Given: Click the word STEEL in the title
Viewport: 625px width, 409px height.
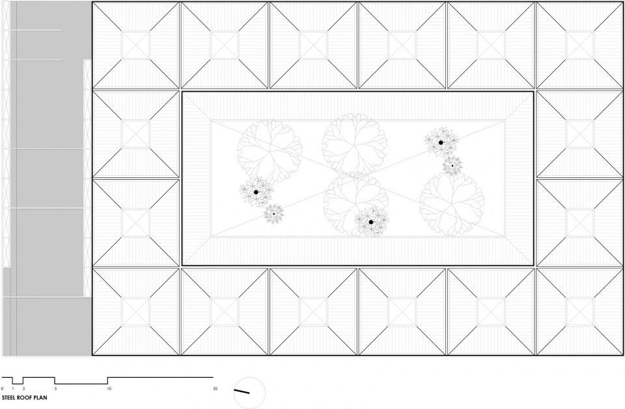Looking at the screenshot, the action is point(8,397).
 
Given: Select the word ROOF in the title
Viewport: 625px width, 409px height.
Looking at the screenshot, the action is point(23,397).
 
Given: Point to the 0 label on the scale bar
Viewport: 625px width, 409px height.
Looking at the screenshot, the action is point(3,388).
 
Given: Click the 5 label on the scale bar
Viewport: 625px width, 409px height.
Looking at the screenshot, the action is point(55,388).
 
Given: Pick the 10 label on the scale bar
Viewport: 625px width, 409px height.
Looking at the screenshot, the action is point(109,388).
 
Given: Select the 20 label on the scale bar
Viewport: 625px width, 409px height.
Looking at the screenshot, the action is point(215,388).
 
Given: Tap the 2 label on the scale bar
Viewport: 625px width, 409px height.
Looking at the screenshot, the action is point(23,388).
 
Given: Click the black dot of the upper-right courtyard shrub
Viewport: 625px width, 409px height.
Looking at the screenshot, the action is point(441,143).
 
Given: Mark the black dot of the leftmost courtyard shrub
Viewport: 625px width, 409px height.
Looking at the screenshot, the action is point(256,192).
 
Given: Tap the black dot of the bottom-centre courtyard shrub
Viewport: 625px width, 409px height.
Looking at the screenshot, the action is point(371,222).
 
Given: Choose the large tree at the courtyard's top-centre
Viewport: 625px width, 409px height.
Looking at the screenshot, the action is point(354,145).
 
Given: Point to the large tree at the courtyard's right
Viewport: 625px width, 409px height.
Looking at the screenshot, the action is point(452,204).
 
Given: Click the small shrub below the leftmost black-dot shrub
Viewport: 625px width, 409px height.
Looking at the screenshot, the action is point(274,214).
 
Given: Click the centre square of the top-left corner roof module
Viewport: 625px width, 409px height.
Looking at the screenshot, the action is point(135,45).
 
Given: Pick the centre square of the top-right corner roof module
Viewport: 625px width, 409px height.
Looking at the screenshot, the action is point(580,45).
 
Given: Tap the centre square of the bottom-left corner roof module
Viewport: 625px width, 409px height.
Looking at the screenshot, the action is point(135,312).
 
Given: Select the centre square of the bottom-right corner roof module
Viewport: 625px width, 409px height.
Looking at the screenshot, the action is point(580,312).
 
